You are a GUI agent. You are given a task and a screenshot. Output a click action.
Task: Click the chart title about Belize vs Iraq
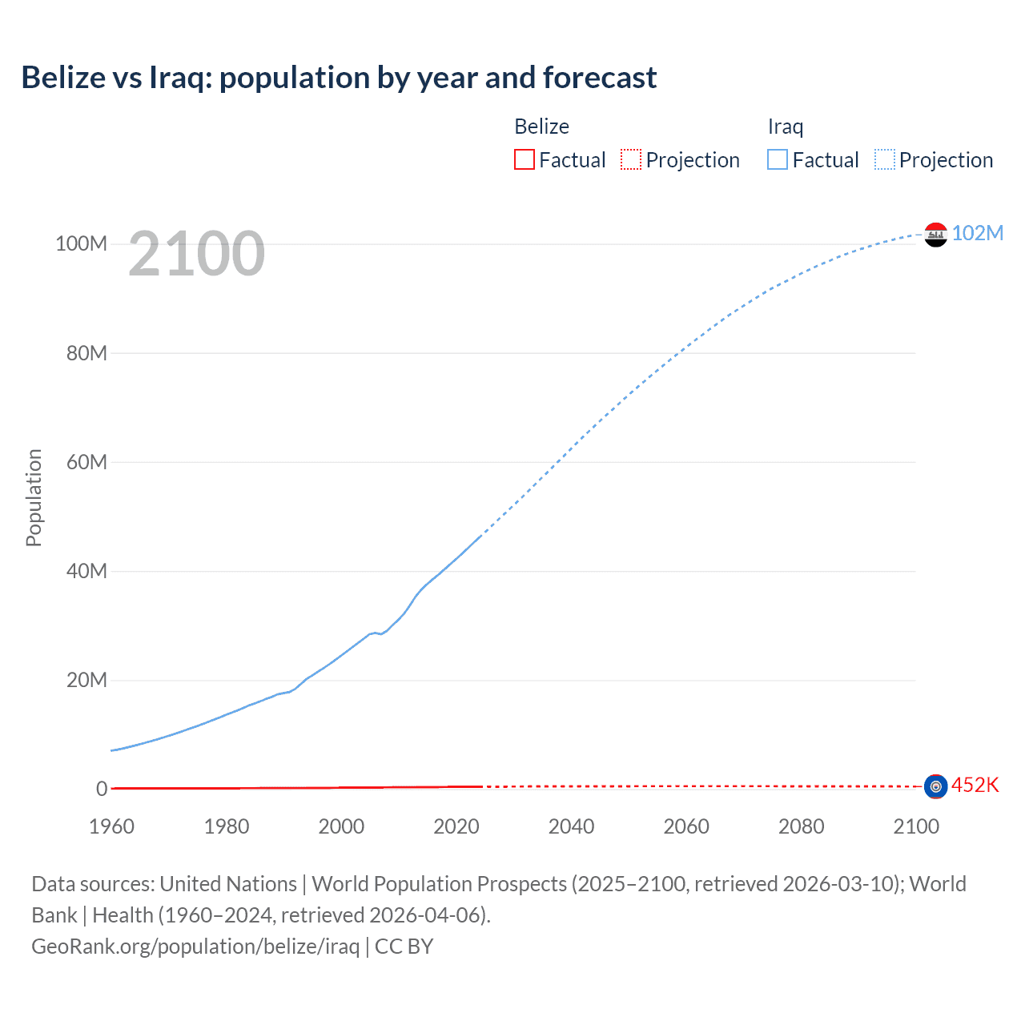[339, 78]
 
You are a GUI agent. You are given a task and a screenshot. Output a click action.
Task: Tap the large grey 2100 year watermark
[196, 254]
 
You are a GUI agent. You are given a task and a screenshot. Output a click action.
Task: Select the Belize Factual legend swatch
[525, 159]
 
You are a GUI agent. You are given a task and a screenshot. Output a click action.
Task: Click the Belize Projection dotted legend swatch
[631, 159]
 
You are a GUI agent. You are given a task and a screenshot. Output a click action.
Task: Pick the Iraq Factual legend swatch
[778, 159]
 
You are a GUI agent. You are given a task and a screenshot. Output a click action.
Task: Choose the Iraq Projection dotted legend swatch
[885, 159]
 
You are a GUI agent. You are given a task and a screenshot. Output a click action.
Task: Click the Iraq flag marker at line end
[935, 235]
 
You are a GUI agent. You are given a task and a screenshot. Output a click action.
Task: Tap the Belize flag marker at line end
[935, 786]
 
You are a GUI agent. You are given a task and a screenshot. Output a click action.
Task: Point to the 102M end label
[977, 233]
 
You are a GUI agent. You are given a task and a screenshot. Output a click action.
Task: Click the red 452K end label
[975, 785]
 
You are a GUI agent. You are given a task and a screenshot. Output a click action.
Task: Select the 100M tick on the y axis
[81, 243]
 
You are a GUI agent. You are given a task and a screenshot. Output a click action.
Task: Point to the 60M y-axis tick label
[86, 462]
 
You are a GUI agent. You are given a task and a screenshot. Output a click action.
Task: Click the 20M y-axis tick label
[86, 681]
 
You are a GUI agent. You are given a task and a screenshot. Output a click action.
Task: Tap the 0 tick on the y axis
[102, 789]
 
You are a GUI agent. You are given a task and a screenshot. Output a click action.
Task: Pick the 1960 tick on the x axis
[111, 826]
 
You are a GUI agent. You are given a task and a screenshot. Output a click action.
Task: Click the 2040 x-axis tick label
[571, 826]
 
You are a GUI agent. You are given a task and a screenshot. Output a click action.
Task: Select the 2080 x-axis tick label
[801, 826]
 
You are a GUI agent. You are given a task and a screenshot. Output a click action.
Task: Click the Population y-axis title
[34, 497]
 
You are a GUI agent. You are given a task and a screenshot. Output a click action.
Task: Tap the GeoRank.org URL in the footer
[195, 947]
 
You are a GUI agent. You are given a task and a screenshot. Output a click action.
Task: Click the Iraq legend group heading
[785, 127]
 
